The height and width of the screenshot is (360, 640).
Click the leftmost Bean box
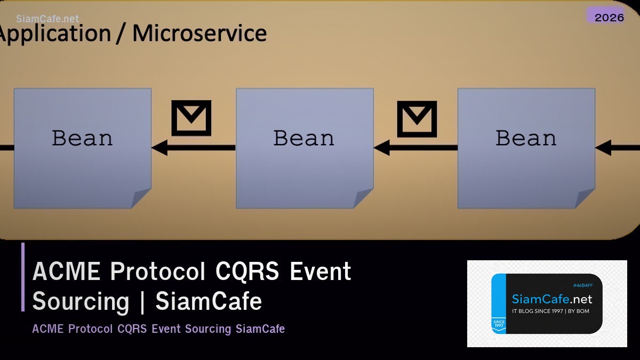point(82,148)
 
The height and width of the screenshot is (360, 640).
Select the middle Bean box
point(304,148)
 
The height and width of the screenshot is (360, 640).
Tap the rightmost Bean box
point(526,148)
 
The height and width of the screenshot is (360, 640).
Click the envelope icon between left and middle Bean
point(191,118)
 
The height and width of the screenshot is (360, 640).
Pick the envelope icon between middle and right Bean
point(417,118)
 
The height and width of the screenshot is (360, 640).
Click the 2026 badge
point(609,17)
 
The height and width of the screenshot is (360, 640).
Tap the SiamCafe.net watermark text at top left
point(47,19)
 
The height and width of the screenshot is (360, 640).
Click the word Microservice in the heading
point(199,33)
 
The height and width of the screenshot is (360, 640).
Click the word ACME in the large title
point(67,271)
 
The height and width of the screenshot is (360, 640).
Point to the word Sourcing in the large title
point(81,301)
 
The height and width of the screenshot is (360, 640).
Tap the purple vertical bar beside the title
point(23,277)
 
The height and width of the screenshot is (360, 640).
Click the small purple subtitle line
point(158,329)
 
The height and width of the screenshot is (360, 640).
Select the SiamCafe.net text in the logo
point(551,299)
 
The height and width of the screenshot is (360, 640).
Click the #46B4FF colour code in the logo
point(582,286)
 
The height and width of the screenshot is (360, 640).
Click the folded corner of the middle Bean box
point(364,199)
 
